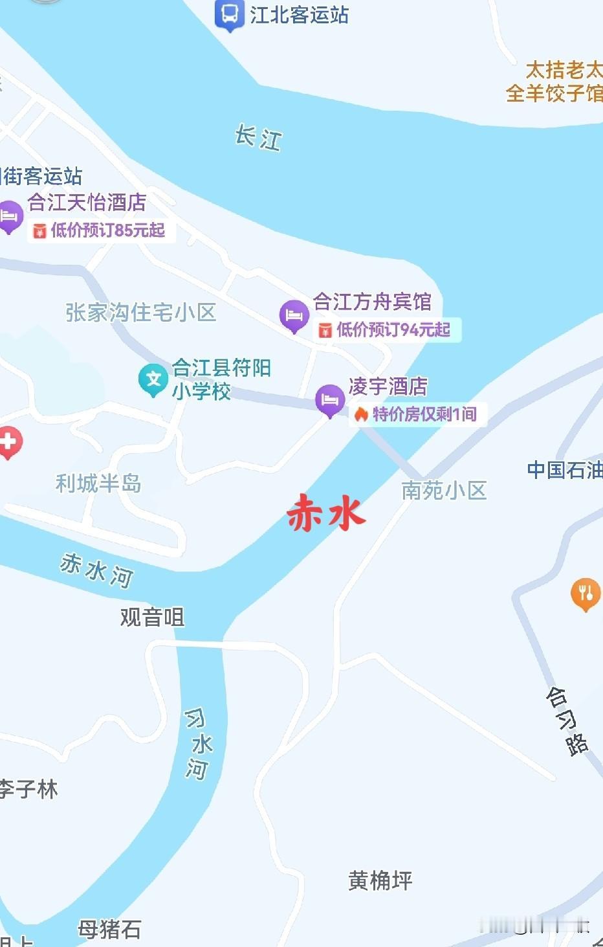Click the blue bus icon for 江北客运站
[x=229, y=14]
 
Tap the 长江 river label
[x=258, y=137]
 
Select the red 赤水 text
[x=326, y=513]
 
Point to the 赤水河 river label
[x=96, y=570]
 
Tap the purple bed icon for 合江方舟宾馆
[x=294, y=315]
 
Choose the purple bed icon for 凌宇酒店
[x=329, y=400]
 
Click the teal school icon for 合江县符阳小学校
[x=153, y=379]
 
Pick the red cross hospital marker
[x=8, y=443]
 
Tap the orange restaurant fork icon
[x=586, y=593]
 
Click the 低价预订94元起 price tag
[x=386, y=329]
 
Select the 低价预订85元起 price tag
[x=101, y=230]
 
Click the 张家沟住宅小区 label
[x=140, y=313]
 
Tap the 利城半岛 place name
[x=98, y=483]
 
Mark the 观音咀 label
[x=152, y=617]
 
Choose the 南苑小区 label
[x=444, y=490]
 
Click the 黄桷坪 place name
[x=380, y=880]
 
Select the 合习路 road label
[x=567, y=721]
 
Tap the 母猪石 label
[x=109, y=930]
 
